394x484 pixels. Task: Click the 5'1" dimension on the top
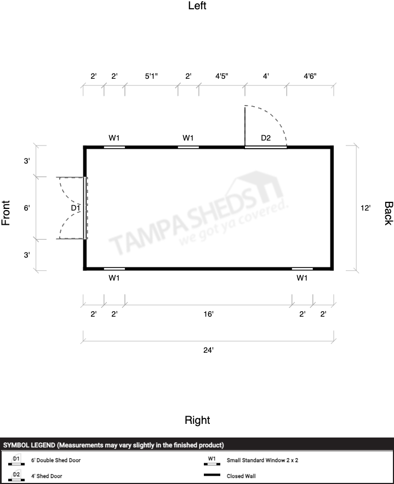151,76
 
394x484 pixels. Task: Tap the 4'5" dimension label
222,76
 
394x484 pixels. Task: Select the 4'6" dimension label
310,76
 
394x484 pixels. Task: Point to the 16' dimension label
208,314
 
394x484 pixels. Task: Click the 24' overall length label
208,351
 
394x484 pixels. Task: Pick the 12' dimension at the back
366,208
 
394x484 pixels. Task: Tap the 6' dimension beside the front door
27,208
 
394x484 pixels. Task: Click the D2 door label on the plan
266,138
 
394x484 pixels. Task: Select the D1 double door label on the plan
76,208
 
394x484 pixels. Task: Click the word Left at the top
197,5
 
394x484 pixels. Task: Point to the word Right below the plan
197,420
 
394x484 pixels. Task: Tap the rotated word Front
6,213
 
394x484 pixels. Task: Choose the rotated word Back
389,213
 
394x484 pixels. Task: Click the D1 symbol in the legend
16,460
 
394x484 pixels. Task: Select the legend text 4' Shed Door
47,476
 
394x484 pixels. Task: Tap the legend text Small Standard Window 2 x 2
262,460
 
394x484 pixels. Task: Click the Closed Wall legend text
241,476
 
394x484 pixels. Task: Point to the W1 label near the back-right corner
302,278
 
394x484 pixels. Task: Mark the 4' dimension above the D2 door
266,76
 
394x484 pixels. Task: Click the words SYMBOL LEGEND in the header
30,445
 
